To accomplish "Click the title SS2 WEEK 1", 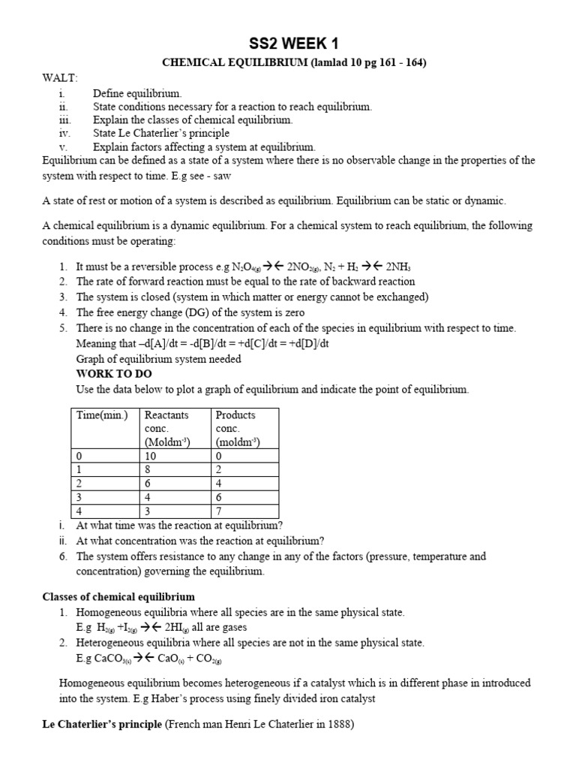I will pos(288,44).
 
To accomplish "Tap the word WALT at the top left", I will pos(57,78).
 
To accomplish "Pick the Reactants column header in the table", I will pos(166,415).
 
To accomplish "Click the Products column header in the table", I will pos(235,415).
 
